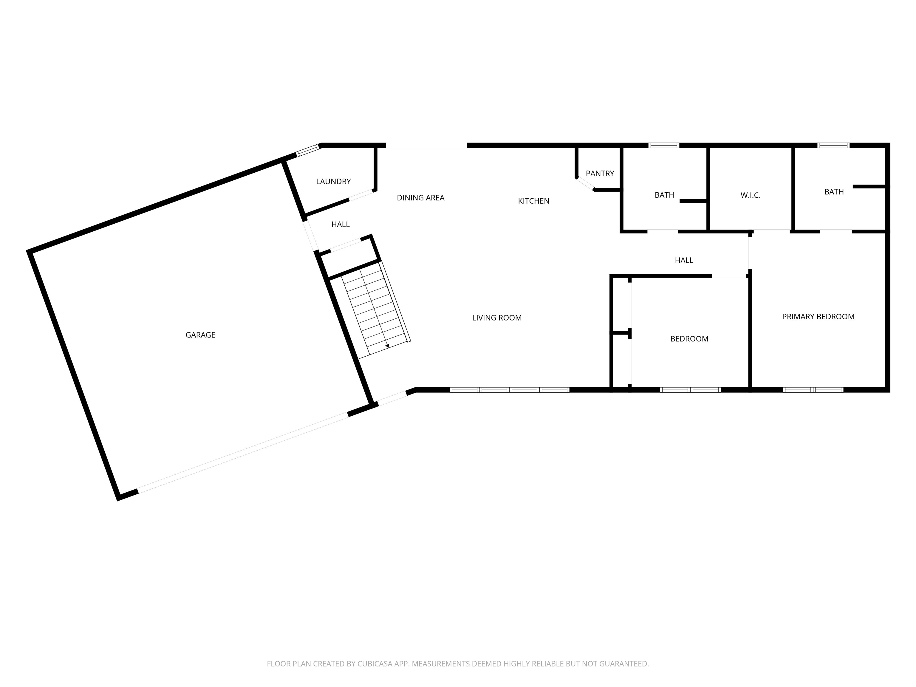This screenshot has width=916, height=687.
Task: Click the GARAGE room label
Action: [200, 335]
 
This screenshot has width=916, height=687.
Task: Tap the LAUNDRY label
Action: [333, 181]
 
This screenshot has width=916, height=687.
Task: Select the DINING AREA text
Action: [421, 198]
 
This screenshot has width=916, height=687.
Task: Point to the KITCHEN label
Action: [534, 201]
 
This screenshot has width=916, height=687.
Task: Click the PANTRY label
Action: [600, 174]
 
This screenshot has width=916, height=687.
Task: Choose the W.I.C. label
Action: [751, 195]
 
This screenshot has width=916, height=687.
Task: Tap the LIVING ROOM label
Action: [497, 318]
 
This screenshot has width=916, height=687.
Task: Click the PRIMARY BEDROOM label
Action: [818, 316]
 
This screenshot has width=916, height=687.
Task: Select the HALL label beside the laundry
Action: [341, 225]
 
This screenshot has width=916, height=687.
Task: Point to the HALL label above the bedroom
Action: [684, 260]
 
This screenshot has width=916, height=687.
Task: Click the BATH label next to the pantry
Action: [664, 195]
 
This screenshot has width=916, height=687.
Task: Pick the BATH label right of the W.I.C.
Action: [834, 192]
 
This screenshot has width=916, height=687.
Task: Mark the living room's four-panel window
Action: [509, 390]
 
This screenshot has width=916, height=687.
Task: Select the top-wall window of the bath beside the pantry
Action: [664, 145]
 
